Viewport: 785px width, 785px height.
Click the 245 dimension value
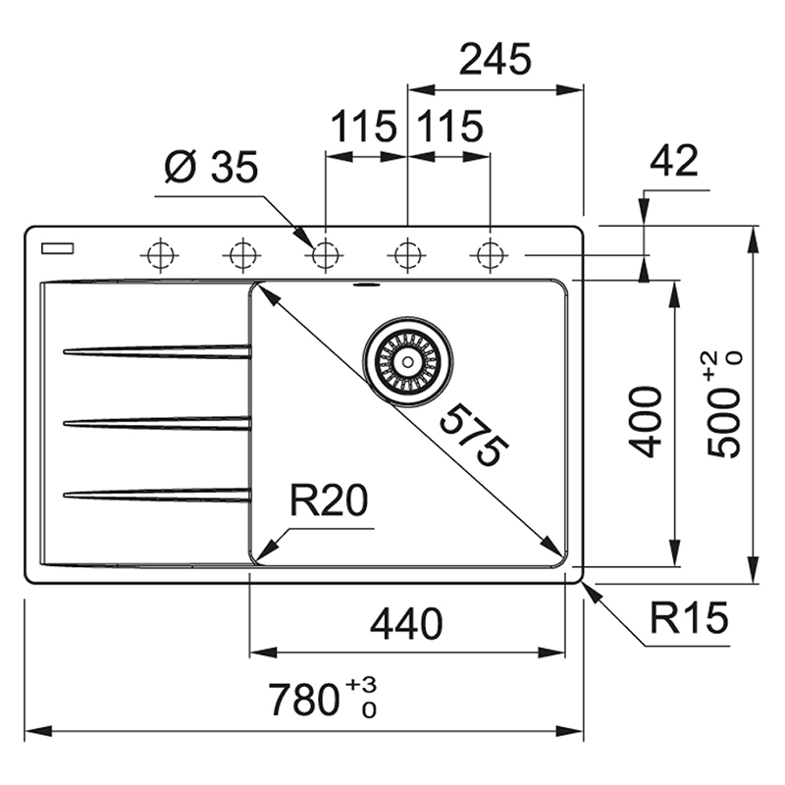pyautogui.click(x=496, y=59)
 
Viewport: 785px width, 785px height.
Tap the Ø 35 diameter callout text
pyautogui.click(x=211, y=167)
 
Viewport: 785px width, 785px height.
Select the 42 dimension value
pyautogui.click(x=674, y=160)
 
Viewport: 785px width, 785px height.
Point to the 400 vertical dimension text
pyautogui.click(x=646, y=422)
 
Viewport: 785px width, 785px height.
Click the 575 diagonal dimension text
pyautogui.click(x=474, y=436)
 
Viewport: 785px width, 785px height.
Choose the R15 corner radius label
pyautogui.click(x=689, y=617)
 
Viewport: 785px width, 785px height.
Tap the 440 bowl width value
pyautogui.click(x=406, y=623)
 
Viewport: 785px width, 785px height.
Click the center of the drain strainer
pyautogui.click(x=408, y=361)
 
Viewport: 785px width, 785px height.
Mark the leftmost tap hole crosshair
pyautogui.click(x=160, y=255)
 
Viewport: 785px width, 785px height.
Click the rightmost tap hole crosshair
pyautogui.click(x=490, y=255)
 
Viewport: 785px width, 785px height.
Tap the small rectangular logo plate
pyautogui.click(x=58, y=248)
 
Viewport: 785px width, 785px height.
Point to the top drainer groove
pyautogui.click(x=157, y=351)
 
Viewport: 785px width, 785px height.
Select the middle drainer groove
pyautogui.click(x=157, y=423)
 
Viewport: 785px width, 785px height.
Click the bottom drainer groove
pyautogui.click(x=157, y=495)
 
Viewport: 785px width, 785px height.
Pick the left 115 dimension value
pyautogui.click(x=364, y=127)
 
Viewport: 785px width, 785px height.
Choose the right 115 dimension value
pyautogui.click(x=450, y=127)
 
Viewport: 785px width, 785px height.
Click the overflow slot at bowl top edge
pyautogui.click(x=367, y=286)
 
